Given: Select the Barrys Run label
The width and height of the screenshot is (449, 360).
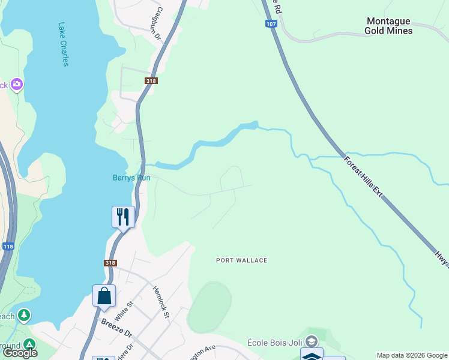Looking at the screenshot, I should [131, 178].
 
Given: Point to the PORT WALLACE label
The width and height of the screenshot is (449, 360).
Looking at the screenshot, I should [241, 260].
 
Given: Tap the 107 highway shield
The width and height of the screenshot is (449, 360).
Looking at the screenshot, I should [271, 24].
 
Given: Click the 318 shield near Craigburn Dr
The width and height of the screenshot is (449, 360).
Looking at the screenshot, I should [151, 81].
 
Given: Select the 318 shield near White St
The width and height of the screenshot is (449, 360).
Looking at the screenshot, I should [110, 263].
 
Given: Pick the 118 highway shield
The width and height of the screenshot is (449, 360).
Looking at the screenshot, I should [8, 246].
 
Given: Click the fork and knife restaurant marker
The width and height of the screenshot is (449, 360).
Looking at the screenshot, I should [123, 216].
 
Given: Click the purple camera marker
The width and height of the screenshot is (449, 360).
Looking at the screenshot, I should [17, 85].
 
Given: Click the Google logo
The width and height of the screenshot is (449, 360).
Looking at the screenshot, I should [20, 353].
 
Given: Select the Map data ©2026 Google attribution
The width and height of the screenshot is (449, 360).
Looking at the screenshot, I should [412, 355].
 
